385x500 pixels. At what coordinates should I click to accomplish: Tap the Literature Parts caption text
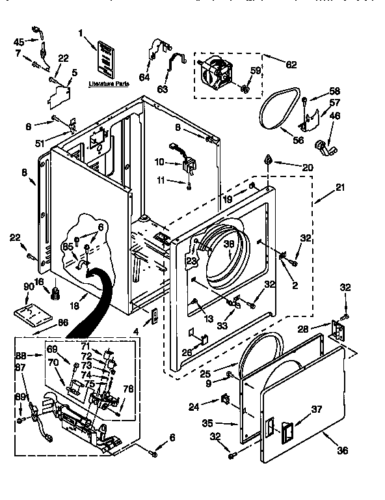coord(108,84)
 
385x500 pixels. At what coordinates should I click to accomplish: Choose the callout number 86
coord(63,322)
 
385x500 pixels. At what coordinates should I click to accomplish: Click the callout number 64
coord(144,77)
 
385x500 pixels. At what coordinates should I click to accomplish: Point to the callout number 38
coord(229,245)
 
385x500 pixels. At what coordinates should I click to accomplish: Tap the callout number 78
coord(127,389)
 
